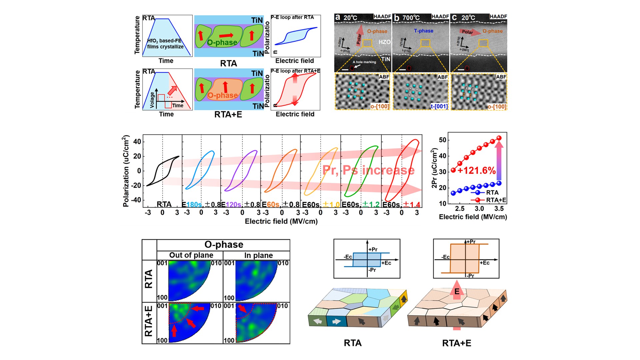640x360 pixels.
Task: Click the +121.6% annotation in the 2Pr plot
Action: [x=476, y=171]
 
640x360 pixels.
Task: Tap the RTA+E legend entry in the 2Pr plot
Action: [x=496, y=200]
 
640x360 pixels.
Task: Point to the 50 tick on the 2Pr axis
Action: [x=442, y=140]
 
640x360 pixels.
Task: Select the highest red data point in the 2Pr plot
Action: [x=499, y=138]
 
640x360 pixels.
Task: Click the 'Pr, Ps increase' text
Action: [x=368, y=170]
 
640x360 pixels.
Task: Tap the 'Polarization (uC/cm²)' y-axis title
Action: [x=126, y=171]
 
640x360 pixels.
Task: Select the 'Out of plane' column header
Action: [x=191, y=255]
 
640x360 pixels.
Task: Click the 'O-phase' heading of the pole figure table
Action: [x=224, y=245]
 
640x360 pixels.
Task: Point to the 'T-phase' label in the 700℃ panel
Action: [x=423, y=31]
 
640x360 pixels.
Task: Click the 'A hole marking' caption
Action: [x=364, y=62]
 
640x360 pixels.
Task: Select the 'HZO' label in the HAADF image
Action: [x=384, y=42]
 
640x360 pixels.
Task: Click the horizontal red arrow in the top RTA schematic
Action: [x=226, y=35]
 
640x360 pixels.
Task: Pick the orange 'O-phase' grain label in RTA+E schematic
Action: [x=222, y=96]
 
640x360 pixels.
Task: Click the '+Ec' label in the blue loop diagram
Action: [x=386, y=263]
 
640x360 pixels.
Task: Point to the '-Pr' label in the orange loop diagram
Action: [x=470, y=276]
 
